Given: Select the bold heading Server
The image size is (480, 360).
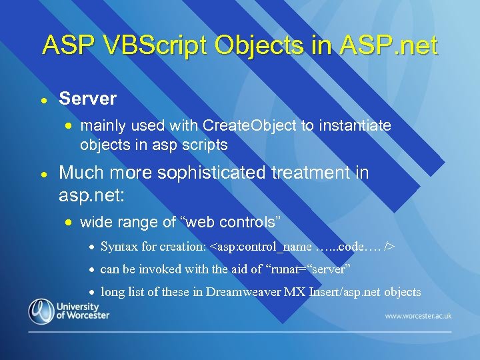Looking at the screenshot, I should [87, 99].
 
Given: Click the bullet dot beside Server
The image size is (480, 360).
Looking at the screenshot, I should [43, 99].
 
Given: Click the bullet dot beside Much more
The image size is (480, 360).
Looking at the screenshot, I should [43, 173].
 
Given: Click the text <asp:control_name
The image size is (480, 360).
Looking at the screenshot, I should [261, 247].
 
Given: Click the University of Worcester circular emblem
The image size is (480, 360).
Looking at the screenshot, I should [41, 312].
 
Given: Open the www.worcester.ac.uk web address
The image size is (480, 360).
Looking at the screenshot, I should [418, 315].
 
